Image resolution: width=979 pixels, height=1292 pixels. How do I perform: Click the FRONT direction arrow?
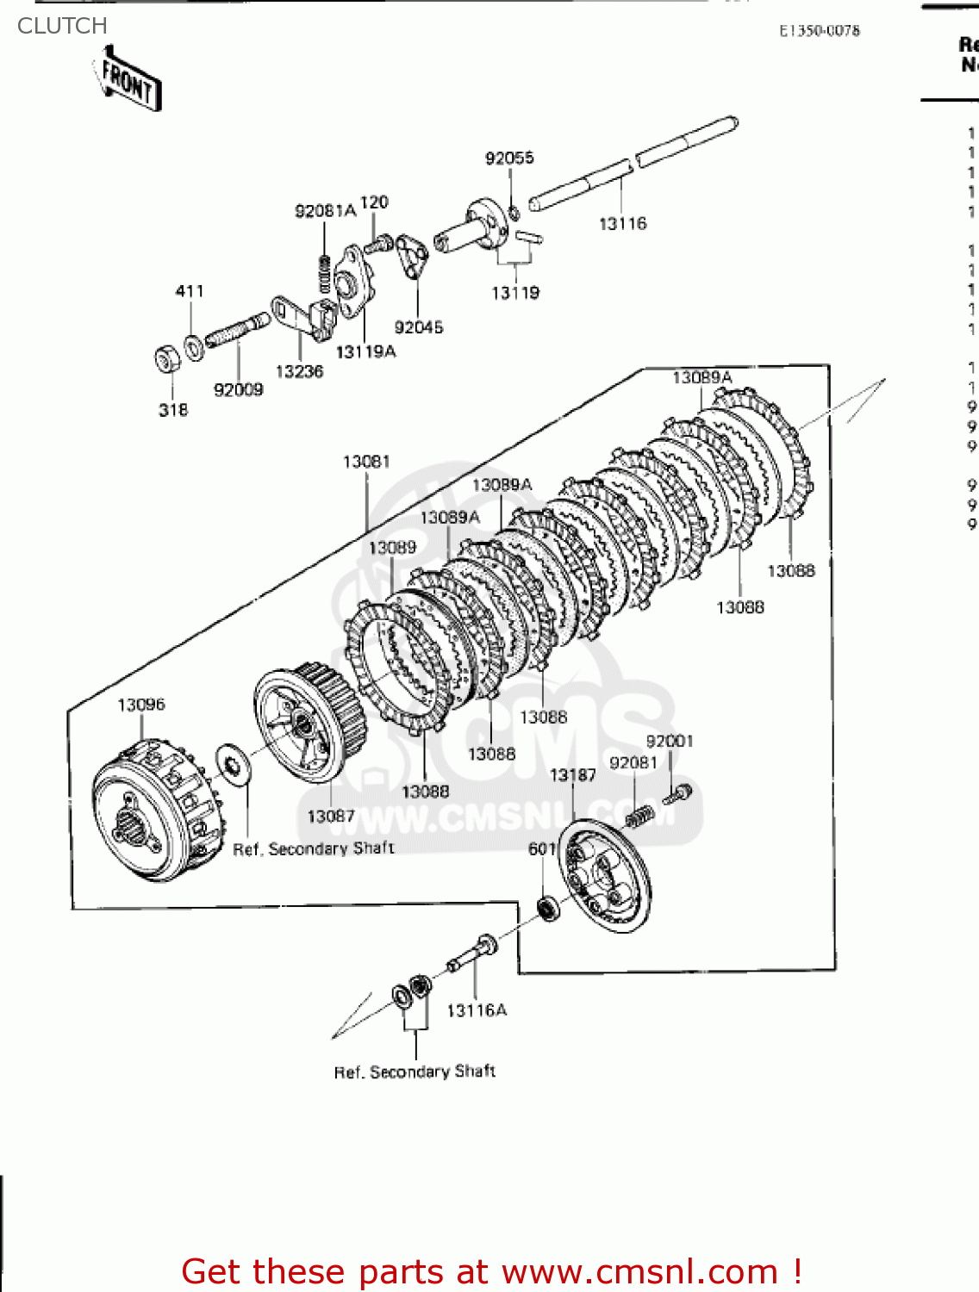[x=128, y=79]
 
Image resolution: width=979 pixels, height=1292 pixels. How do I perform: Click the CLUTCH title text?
[x=62, y=26]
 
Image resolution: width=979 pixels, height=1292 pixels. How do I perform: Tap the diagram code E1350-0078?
[x=819, y=31]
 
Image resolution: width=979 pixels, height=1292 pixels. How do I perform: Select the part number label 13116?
[x=622, y=224]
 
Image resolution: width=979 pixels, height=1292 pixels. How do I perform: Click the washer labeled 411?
[x=195, y=345]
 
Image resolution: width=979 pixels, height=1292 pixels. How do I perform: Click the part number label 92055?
[x=509, y=158]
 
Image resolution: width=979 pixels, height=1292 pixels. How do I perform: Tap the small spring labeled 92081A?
[x=325, y=274]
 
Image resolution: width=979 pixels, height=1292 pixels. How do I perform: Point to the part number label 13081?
[x=366, y=462]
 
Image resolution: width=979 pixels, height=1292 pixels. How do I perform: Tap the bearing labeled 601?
[x=546, y=907]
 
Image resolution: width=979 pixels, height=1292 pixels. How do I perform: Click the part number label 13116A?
[x=477, y=1010]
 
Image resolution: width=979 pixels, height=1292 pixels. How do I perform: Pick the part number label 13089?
[x=392, y=548]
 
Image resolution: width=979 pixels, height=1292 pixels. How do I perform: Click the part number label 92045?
[x=418, y=327]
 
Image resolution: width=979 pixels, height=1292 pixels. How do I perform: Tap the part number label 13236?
[x=299, y=371]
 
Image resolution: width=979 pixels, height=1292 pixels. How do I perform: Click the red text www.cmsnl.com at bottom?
[x=639, y=1271]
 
